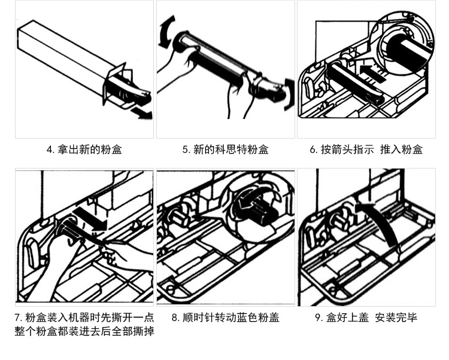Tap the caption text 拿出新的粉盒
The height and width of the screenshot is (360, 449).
point(89,150)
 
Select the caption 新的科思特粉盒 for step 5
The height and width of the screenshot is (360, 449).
point(230,150)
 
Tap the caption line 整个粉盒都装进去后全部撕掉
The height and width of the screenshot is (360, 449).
point(84,331)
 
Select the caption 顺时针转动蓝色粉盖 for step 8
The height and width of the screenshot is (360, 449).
point(231,318)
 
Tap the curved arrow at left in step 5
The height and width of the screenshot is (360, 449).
point(165,33)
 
